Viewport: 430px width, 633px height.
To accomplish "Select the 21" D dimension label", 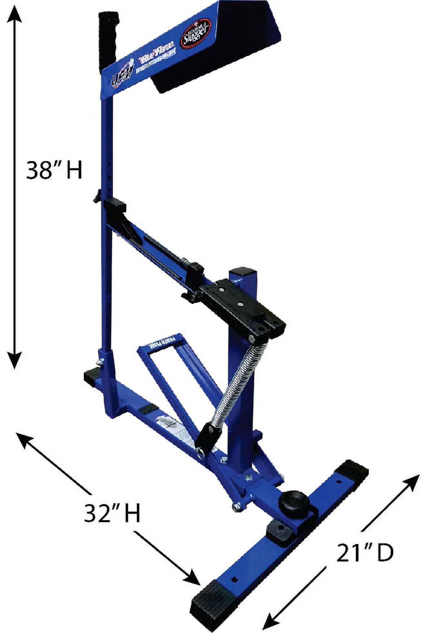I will tap(365, 553).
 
